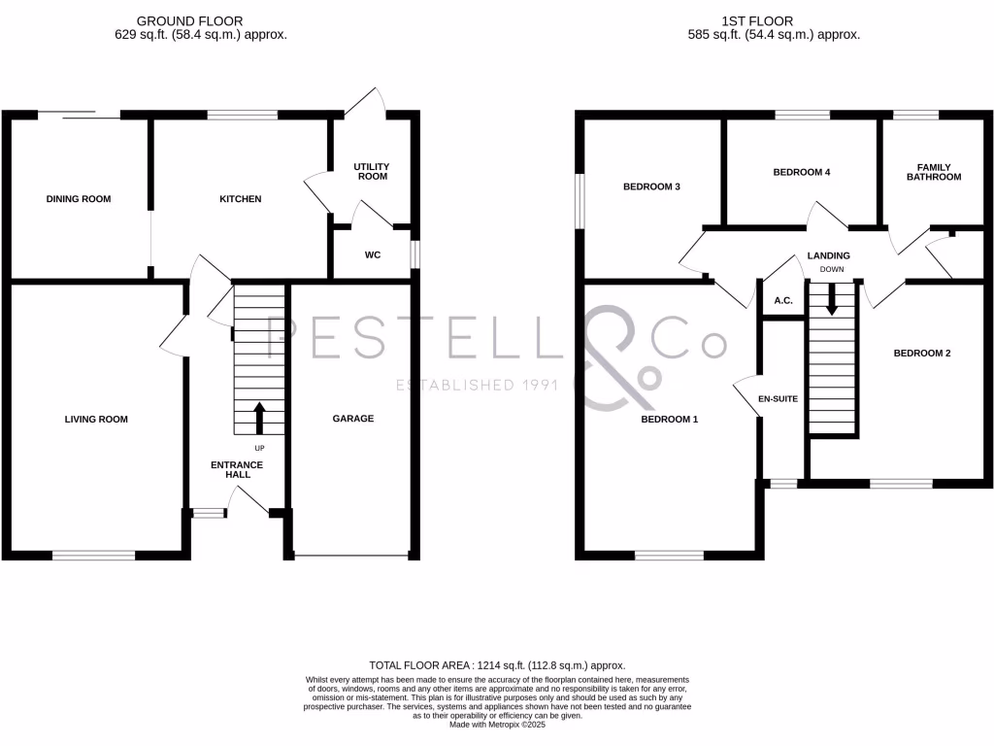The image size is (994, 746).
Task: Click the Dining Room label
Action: tap(79, 199)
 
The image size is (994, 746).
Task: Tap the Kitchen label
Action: tap(240, 199)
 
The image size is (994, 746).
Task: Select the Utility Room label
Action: tap(371, 172)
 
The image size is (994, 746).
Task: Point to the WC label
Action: tap(372, 255)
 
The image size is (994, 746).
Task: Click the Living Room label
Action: tap(96, 420)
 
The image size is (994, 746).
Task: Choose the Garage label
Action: tap(353, 419)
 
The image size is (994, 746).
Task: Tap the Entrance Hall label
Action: tap(237, 470)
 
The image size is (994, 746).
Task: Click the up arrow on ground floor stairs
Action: tap(258, 418)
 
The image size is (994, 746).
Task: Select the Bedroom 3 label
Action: tap(650, 186)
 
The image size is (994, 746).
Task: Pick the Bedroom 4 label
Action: tap(801, 172)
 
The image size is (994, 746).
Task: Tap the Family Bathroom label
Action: tap(934, 172)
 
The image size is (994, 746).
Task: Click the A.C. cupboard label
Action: tap(783, 301)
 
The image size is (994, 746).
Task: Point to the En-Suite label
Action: tap(778, 398)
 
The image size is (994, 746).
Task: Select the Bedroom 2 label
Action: tap(921, 354)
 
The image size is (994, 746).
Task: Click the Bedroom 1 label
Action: tap(669, 420)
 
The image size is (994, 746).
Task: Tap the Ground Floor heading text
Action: tap(189, 20)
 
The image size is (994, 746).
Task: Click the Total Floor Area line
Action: tap(497, 664)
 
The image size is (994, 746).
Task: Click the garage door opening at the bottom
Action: tap(352, 557)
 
